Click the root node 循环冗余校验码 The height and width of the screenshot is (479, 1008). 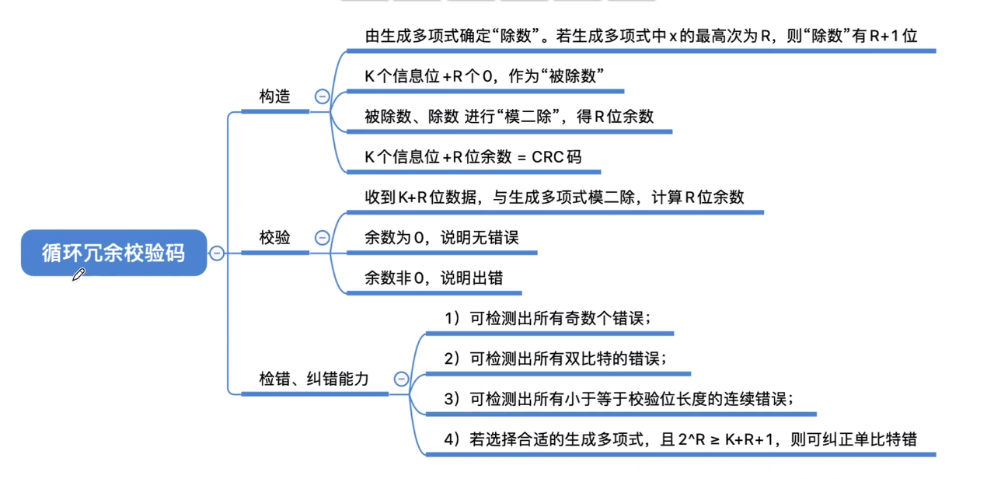113,252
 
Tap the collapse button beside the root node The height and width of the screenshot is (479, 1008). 217,253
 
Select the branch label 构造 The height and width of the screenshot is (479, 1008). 274,96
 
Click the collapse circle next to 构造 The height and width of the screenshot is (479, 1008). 322,96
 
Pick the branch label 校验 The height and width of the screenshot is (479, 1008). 274,238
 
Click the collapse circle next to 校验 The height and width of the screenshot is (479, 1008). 322,238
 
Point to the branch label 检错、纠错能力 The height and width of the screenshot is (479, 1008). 314,379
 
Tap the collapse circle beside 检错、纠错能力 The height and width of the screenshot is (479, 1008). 401,379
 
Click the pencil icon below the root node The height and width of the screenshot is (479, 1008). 78,274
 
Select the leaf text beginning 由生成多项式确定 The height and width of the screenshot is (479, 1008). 642,36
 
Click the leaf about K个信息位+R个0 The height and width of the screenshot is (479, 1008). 484,76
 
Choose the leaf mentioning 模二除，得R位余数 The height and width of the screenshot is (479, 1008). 509,117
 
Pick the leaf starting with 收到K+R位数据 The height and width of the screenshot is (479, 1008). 554,198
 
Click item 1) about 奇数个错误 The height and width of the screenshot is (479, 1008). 547,318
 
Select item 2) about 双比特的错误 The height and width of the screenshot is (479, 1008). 555,358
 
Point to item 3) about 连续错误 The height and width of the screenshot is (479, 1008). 619,399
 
